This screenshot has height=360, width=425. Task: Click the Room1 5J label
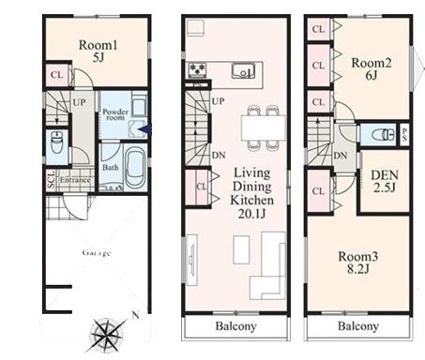(x=98, y=52)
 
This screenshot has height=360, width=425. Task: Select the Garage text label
(x=97, y=253)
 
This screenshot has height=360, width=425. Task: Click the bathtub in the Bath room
(x=135, y=168)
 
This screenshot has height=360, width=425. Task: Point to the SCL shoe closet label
(x=51, y=180)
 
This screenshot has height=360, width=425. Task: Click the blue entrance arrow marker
(x=145, y=129)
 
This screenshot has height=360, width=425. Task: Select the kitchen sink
(x=243, y=70)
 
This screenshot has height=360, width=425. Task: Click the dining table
(x=264, y=127)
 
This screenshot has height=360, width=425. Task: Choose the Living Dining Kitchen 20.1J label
(x=251, y=193)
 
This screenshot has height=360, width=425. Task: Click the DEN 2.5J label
(x=385, y=181)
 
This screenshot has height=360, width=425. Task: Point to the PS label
(x=404, y=134)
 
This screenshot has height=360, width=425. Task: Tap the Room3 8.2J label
(x=358, y=262)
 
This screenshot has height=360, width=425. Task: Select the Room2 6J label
(x=372, y=69)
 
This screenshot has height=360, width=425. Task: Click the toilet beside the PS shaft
(x=383, y=135)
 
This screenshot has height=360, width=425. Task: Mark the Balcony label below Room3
(x=358, y=326)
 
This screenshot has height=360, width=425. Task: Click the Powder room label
(x=115, y=114)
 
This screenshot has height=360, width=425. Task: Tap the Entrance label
(x=75, y=180)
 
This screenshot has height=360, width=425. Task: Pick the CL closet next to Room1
(x=57, y=75)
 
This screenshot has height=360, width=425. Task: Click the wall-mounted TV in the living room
(x=191, y=260)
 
